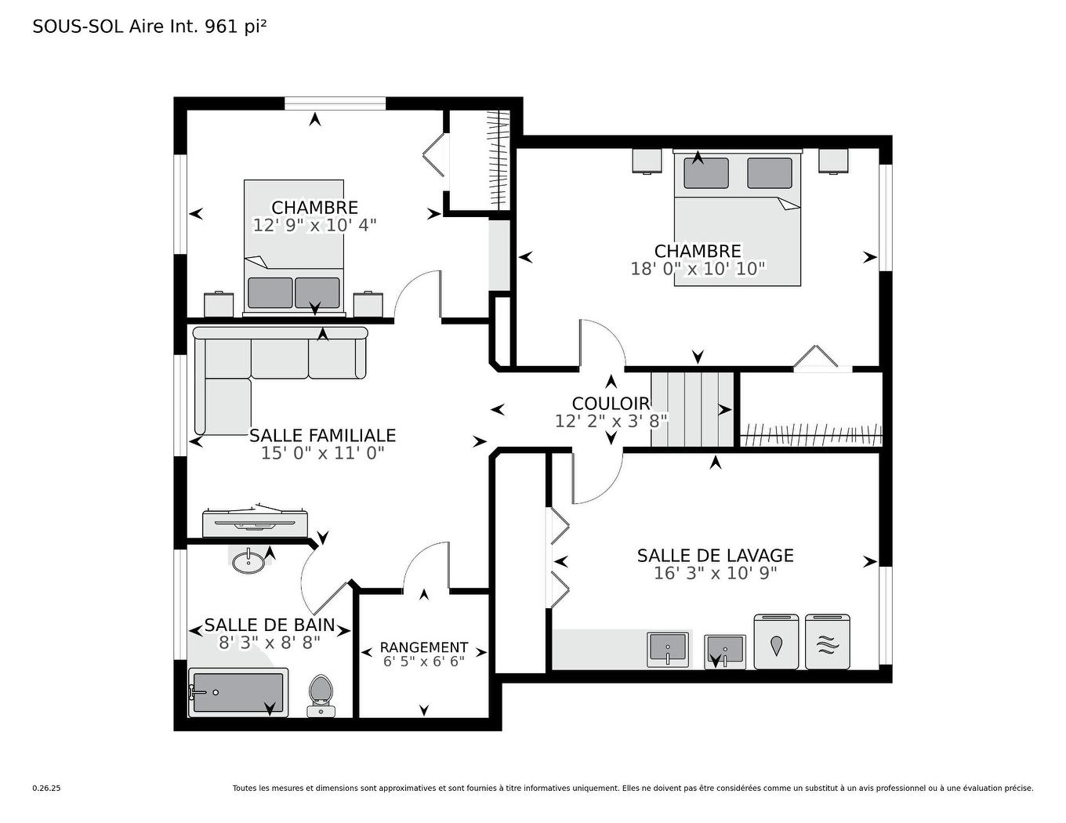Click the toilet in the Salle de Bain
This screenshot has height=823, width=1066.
pos(320,694)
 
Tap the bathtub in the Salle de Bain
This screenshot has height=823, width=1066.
pos(238,692)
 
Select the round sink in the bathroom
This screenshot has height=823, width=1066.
pos(249,561)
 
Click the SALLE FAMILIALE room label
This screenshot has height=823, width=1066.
pos(322,435)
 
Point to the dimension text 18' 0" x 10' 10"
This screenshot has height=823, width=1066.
pos(698,269)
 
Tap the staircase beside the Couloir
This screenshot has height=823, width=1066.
pos(691,409)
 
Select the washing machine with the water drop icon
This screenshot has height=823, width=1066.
pos(776,642)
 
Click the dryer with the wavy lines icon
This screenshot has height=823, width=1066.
pos(827,642)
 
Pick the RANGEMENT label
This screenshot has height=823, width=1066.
pos(424,647)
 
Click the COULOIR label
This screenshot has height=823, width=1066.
pos(611,404)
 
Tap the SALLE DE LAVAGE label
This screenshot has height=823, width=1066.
pos(715,556)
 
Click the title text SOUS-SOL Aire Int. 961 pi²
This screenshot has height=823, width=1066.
pos(150,27)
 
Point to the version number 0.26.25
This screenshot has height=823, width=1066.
pos(46,789)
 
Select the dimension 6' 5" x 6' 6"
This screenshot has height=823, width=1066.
pos(424,662)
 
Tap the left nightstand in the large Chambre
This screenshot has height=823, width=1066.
pos(647,161)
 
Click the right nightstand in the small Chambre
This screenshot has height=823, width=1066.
pos(368,304)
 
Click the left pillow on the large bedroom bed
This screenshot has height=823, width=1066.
pos(705,173)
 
